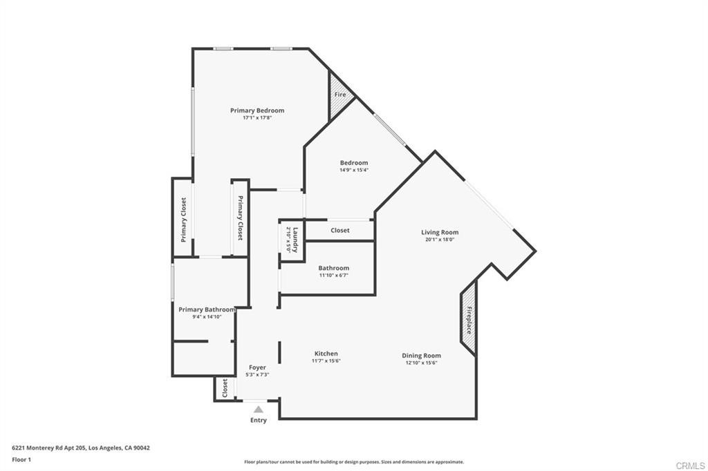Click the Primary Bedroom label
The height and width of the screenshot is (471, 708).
click(257, 110)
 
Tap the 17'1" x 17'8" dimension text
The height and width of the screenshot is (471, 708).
click(257, 117)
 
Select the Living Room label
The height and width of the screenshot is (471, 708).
click(440, 232)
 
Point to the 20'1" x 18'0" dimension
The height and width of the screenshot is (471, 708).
click(440, 240)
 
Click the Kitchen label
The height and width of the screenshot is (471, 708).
click(326, 354)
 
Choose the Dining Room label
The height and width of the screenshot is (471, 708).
click(421, 356)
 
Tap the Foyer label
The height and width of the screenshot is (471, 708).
click(257, 367)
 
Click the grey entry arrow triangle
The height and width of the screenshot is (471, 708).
click(259, 410)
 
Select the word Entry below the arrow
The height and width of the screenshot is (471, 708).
click(259, 420)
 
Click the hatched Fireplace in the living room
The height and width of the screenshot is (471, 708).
click(469, 318)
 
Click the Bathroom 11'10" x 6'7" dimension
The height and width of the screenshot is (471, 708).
click(334, 275)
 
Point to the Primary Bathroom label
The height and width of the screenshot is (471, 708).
click(207, 309)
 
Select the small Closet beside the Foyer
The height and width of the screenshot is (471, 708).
click(225, 388)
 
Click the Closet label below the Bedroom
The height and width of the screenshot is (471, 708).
click(340, 230)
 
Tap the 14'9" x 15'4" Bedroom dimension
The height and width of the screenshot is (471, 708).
click(354, 170)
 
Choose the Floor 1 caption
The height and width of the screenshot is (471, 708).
click(21, 460)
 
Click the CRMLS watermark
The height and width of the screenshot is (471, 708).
click(691, 465)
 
